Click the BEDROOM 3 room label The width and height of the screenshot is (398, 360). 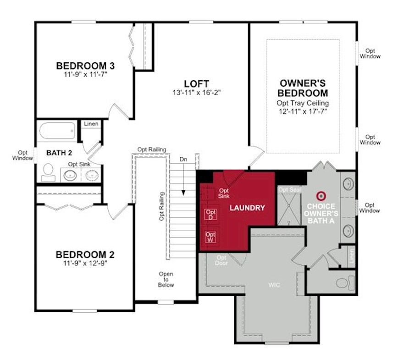(85, 66)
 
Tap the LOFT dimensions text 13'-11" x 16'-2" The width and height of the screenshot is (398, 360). (196, 93)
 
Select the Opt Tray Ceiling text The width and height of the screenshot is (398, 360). (303, 103)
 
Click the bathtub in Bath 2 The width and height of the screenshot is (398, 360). (57, 131)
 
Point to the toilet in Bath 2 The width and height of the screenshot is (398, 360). (48, 172)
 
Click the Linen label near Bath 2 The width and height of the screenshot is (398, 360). (91, 124)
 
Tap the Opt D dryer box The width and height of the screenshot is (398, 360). (210, 215)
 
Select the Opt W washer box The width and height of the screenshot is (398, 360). (210, 237)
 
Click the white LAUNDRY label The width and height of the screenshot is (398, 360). (247, 208)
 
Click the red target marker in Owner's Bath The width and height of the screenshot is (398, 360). (321, 196)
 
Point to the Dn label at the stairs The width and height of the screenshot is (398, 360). (183, 160)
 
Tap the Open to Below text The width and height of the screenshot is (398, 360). (166, 280)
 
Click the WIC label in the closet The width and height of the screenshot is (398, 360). (274, 285)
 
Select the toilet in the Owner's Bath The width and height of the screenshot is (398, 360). (345, 282)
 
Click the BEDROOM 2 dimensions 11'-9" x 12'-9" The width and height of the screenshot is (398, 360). (85, 264)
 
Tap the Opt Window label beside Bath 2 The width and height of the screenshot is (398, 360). (22, 155)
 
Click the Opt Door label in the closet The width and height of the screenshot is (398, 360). (221, 260)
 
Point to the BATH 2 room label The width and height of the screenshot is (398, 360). (59, 153)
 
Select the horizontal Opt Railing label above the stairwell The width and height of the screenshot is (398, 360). (152, 150)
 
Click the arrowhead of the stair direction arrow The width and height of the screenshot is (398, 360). (183, 193)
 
